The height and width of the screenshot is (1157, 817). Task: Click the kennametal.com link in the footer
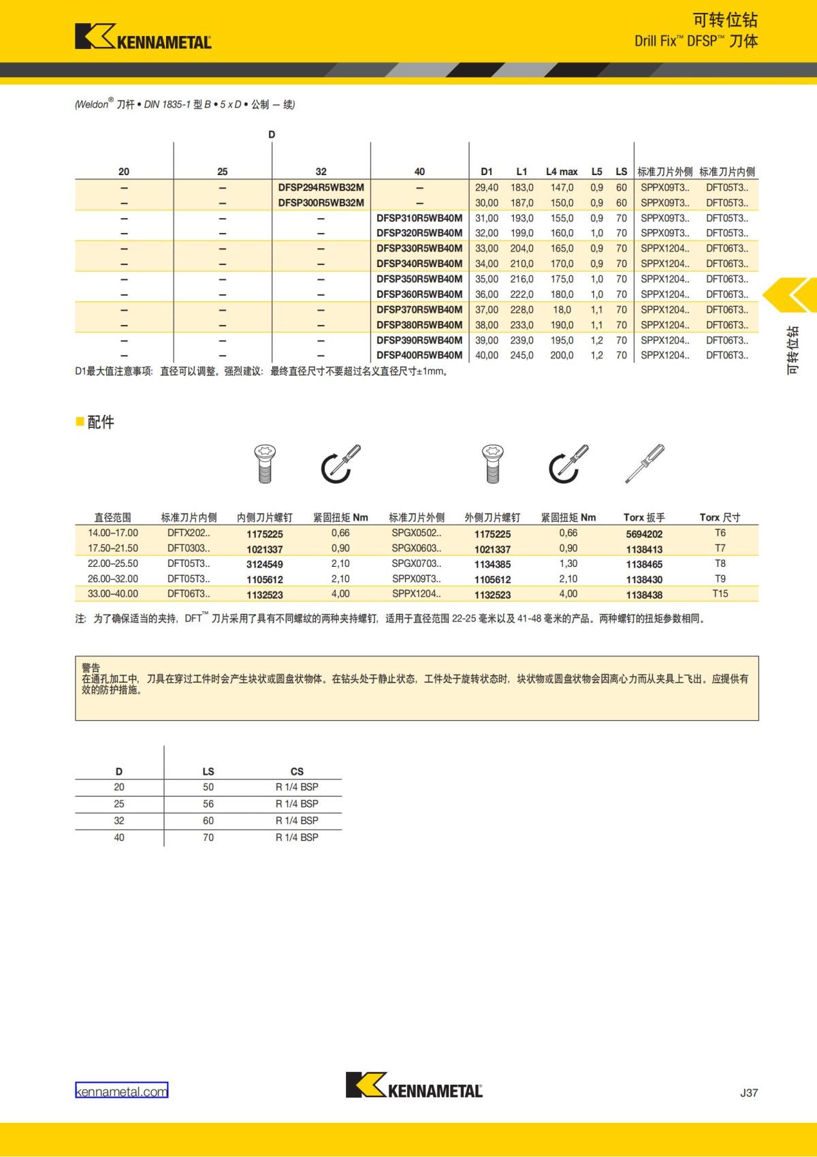tap(121, 1091)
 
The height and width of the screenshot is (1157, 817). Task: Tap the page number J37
tap(748, 1092)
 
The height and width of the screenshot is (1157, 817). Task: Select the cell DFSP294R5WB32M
tap(321, 187)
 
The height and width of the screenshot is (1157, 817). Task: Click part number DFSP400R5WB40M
tap(419, 355)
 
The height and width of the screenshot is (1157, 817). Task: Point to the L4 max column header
tap(561, 172)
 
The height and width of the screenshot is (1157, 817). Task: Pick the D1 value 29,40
tap(487, 187)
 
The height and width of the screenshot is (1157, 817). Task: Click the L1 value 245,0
tap(522, 355)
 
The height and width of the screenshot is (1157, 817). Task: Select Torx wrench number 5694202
tap(644, 534)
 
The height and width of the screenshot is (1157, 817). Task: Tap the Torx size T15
tap(720, 593)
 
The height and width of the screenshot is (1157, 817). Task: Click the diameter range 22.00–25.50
tap(113, 564)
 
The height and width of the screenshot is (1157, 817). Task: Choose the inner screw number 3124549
tap(265, 564)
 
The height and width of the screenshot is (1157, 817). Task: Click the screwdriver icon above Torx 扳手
tap(644, 463)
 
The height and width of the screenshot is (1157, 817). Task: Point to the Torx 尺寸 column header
tap(720, 517)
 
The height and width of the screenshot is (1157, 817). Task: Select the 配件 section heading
tap(100, 422)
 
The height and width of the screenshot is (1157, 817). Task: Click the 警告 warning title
tap(91, 668)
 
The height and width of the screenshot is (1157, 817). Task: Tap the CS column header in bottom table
tap(297, 771)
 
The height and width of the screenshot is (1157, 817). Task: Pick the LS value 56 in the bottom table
tap(208, 804)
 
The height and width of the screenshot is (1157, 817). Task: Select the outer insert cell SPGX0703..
tap(416, 564)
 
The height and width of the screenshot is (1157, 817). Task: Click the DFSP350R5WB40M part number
tap(419, 279)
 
